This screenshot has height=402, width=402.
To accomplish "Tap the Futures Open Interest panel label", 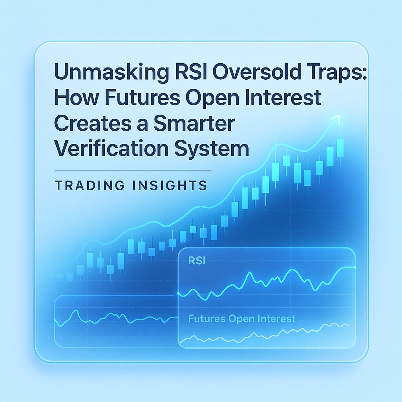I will click(241, 318).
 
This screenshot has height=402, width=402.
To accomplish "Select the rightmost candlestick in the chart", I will click(340, 149).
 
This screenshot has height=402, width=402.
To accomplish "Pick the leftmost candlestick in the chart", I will click(69, 276).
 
